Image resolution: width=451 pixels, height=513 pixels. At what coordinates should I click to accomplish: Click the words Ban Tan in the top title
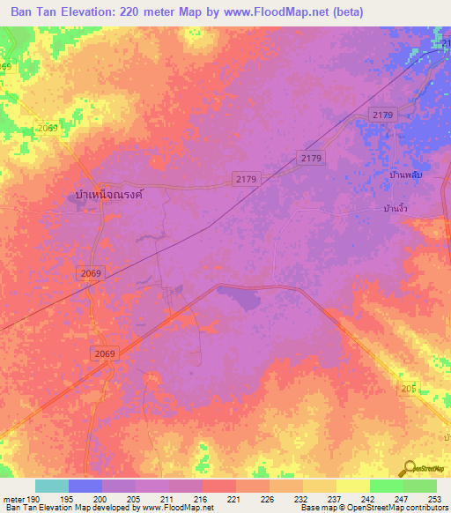point(35,11)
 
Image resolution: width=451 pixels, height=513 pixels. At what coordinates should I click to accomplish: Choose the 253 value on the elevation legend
point(434,498)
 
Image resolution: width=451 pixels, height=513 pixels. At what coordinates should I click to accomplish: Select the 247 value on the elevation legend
point(401,498)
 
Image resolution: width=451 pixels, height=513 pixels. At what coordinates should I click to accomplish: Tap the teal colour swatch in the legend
point(52,486)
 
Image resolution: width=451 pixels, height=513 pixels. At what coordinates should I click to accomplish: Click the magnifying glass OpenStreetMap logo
point(410,468)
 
